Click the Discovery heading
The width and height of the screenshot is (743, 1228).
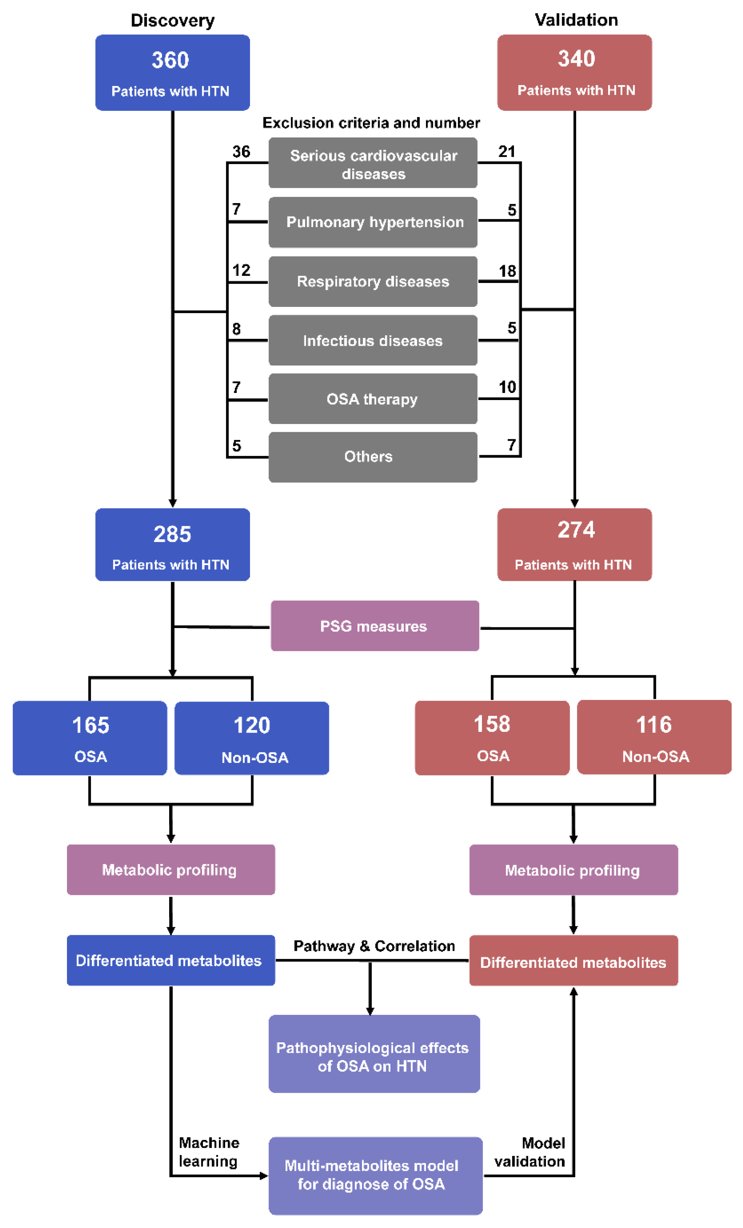click(x=172, y=20)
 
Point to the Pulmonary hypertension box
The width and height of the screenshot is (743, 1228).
click(x=372, y=222)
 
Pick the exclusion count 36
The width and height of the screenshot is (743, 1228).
click(x=241, y=151)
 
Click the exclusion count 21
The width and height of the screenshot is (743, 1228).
click(x=506, y=151)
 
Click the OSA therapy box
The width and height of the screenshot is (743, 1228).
click(x=372, y=399)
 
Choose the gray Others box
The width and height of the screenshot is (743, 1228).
click(x=372, y=457)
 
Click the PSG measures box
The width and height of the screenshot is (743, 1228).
click(x=374, y=626)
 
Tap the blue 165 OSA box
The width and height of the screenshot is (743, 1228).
click(x=90, y=738)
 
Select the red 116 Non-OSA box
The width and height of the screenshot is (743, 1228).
click(x=653, y=737)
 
